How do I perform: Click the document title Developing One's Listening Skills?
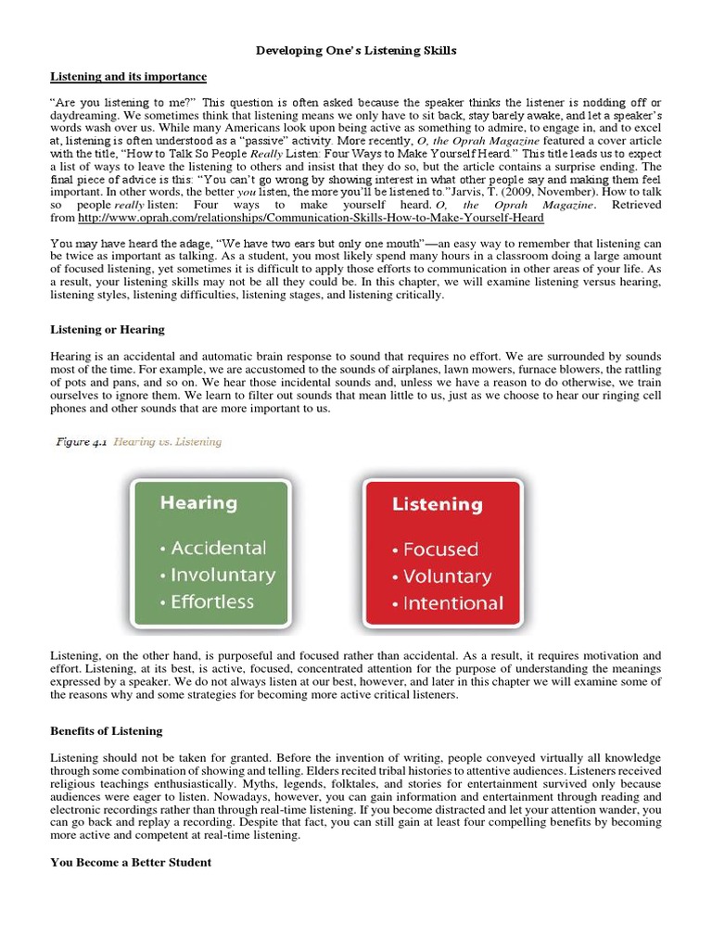(x=356, y=51)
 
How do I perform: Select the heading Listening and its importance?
(x=128, y=76)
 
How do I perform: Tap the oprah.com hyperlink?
(x=311, y=218)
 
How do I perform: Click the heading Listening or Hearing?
(x=107, y=329)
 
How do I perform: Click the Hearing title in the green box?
(x=197, y=503)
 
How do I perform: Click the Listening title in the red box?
(x=437, y=505)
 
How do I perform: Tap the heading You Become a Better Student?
(x=131, y=862)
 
